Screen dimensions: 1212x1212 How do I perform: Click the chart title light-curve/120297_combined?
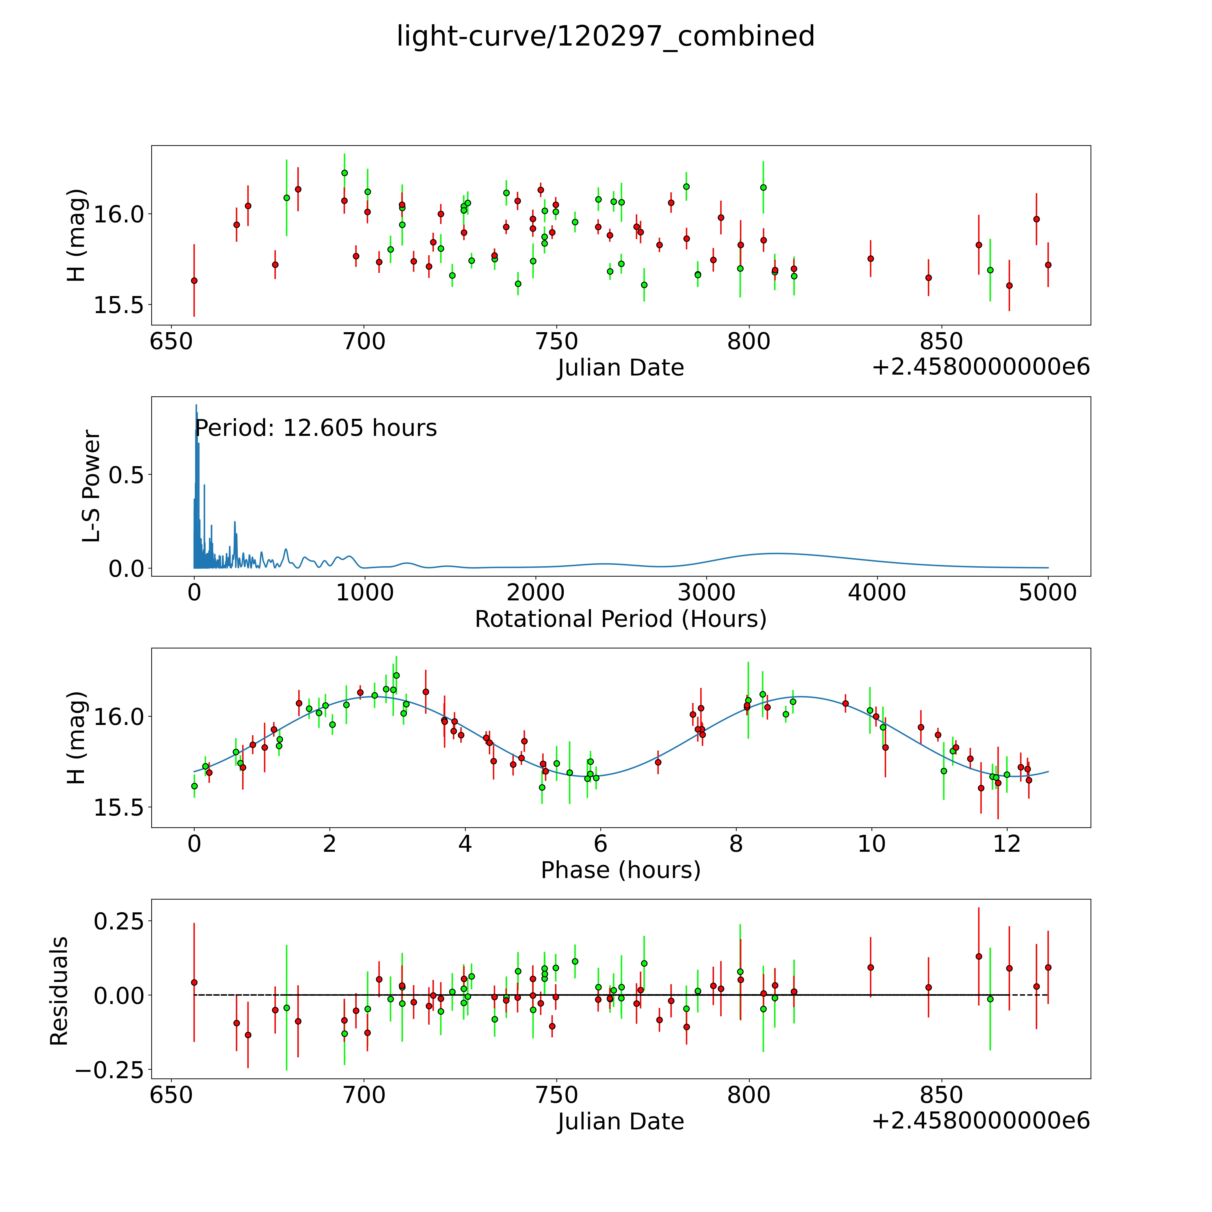605,36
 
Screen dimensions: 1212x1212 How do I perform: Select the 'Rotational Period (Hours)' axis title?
620,619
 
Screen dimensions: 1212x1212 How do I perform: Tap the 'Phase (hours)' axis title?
620,870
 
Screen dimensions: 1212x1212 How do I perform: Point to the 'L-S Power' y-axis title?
92,486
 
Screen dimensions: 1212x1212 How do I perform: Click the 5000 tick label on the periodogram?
1048,593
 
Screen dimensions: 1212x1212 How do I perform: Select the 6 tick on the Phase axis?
600,844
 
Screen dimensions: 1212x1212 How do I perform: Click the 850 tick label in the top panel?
941,342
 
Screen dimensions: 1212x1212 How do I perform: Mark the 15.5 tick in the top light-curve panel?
119,305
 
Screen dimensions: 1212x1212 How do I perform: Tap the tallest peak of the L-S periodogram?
196,405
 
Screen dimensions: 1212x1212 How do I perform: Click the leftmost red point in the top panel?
194,280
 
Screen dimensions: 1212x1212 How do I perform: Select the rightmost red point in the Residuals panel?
1048,967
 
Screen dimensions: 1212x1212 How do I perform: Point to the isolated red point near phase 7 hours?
658,762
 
